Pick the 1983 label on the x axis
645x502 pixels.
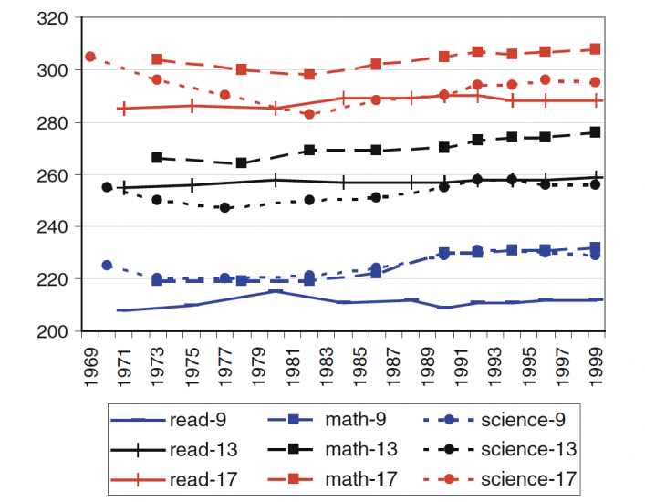(x=327, y=363)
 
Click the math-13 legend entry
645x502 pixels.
(x=345, y=450)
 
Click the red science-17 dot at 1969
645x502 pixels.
(x=90, y=57)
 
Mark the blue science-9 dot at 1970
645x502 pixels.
(x=107, y=265)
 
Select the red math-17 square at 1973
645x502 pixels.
(x=158, y=59)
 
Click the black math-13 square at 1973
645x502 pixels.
(x=158, y=158)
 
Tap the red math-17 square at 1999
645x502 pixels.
(x=596, y=49)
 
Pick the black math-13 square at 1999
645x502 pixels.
(x=596, y=132)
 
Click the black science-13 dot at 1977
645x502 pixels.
(x=225, y=208)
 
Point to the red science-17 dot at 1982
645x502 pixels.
(x=309, y=114)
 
